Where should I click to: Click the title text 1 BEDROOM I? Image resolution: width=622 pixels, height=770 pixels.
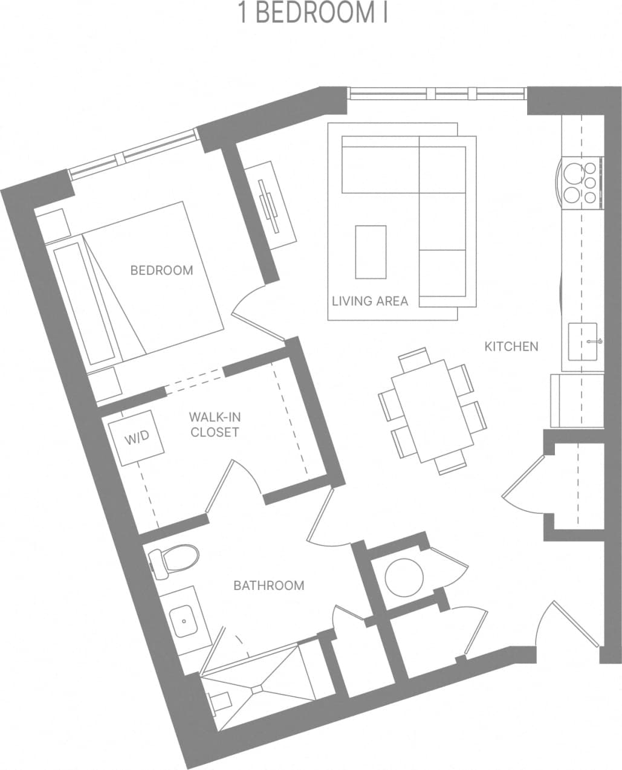tap(313, 14)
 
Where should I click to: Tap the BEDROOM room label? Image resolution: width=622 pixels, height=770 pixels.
tap(162, 270)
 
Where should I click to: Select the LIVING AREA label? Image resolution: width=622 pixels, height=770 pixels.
tap(370, 300)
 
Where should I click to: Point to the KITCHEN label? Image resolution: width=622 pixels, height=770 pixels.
tap(511, 346)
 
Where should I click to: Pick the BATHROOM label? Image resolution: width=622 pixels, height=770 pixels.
tap(269, 585)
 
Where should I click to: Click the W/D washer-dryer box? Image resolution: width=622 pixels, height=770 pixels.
tap(137, 438)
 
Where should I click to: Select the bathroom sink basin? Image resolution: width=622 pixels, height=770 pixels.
tap(183, 621)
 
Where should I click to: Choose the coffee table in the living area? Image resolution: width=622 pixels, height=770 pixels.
tap(371, 251)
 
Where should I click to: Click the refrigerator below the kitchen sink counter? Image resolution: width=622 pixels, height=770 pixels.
tap(577, 400)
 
